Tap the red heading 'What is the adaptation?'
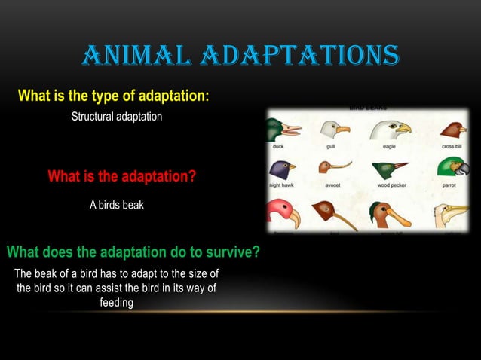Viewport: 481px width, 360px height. click(x=122, y=177)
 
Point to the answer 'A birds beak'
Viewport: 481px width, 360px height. click(x=116, y=206)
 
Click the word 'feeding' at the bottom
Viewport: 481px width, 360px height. click(x=116, y=302)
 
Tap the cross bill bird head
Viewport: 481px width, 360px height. click(x=453, y=130)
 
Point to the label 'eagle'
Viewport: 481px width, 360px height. click(x=389, y=147)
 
